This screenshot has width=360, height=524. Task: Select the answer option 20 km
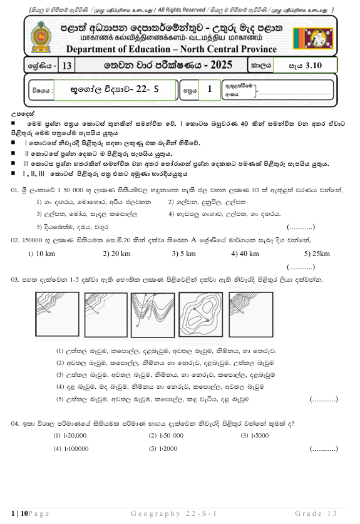click(116, 254)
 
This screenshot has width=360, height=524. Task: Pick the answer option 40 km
click(245, 254)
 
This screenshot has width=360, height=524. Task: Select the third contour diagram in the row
click(153, 317)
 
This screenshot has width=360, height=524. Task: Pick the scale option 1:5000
click(254, 435)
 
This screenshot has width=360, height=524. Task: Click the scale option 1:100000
click(73, 449)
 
